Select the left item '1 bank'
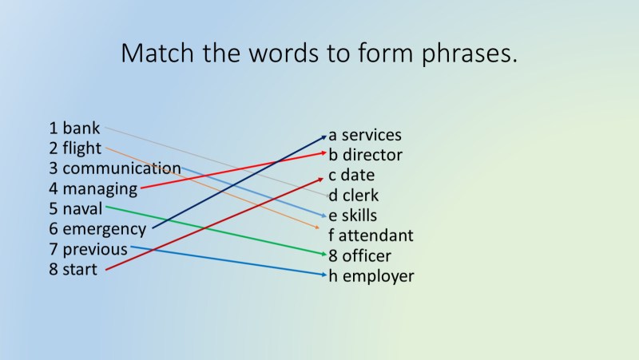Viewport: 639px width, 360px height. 74,128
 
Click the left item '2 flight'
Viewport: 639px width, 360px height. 75,148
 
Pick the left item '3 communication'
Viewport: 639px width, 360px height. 114,168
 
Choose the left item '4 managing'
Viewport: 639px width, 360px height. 93,189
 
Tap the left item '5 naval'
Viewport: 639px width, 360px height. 75,209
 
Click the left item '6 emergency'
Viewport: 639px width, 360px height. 97,230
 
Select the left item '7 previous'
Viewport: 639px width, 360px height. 88,250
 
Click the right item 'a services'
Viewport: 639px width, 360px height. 365,135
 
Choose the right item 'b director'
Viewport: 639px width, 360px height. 365,155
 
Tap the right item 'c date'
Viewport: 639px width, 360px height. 351,175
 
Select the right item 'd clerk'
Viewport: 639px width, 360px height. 354,196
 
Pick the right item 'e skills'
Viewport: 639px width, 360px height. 352,216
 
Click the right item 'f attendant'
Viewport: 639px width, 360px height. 371,235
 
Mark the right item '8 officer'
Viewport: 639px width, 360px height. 359,256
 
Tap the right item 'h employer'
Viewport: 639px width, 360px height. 371,276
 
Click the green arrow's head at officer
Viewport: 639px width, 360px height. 325,256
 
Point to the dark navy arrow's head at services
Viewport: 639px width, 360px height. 324,136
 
